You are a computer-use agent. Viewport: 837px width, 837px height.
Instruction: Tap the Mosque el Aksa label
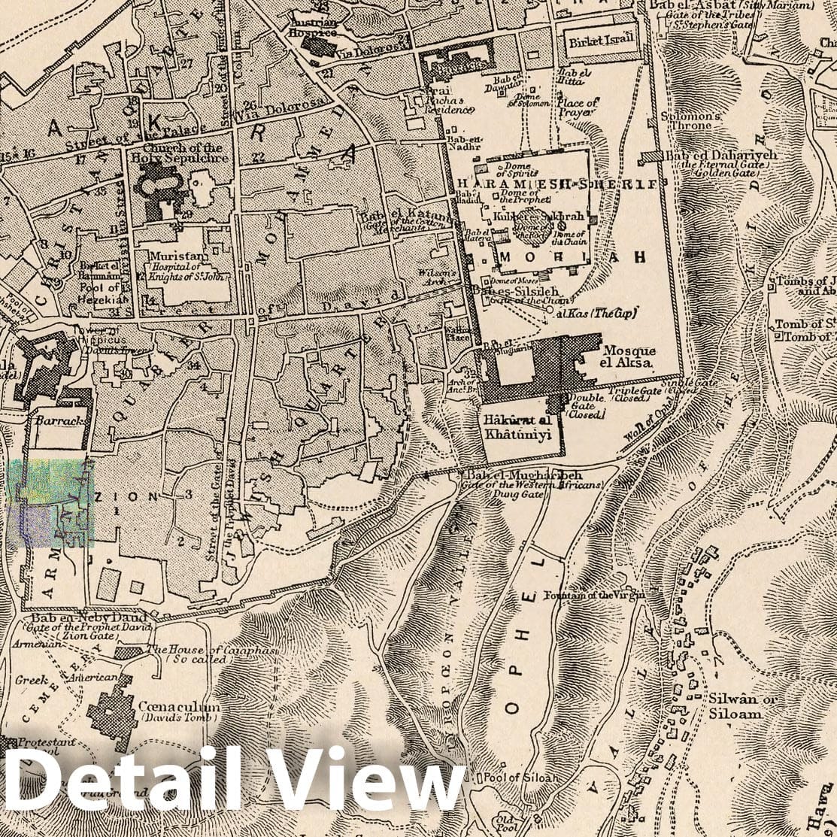pyautogui.click(x=629, y=356)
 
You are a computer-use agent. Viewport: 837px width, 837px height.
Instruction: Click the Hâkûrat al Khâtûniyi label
pyautogui.click(x=518, y=427)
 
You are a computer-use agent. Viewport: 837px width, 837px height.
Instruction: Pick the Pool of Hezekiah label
pyautogui.click(x=99, y=293)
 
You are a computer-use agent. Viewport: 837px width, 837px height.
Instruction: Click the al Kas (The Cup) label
pyautogui.click(x=598, y=312)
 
